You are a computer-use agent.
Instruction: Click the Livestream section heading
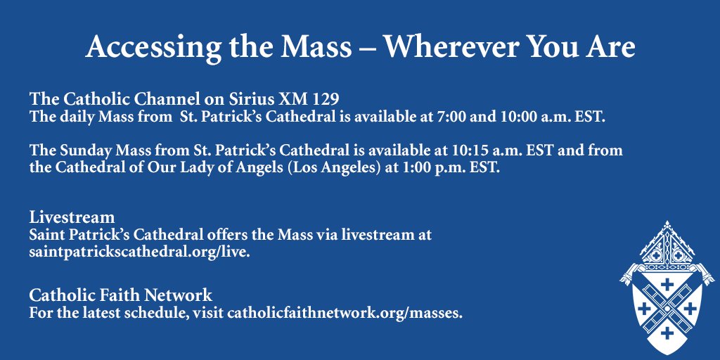pyautogui.click(x=72, y=217)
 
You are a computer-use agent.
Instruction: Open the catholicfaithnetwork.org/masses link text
pyautogui.click(x=345, y=313)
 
